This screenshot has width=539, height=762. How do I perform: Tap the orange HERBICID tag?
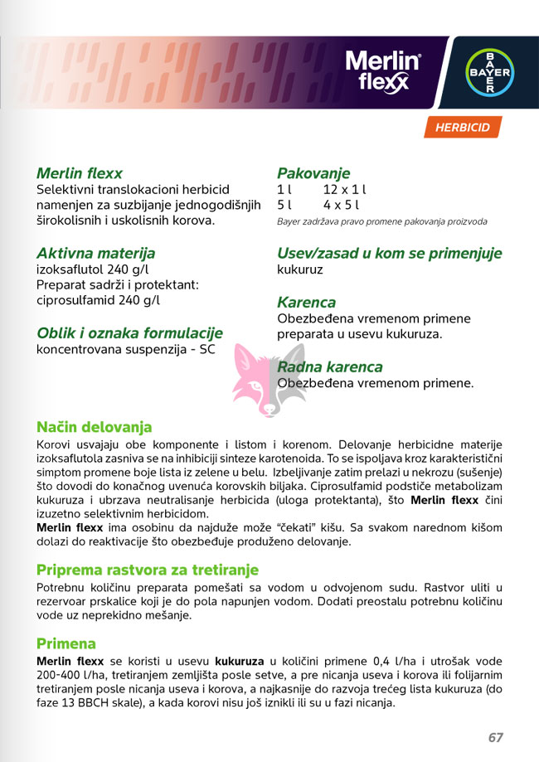pyautogui.click(x=464, y=128)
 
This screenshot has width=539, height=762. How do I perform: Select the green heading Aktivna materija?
pyautogui.click(x=95, y=253)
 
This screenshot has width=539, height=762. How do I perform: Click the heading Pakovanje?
pyautogui.click(x=313, y=173)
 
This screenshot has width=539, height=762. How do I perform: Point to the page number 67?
pyautogui.click(x=496, y=737)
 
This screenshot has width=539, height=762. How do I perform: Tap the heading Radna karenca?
pyautogui.click(x=329, y=366)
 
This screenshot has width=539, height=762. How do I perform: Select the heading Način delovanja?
pyautogui.click(x=94, y=428)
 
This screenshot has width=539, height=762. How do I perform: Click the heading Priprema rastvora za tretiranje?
pyautogui.click(x=148, y=570)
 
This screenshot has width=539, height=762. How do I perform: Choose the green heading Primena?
pyautogui.click(x=66, y=643)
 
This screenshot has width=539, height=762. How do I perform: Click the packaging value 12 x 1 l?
pyautogui.click(x=345, y=190)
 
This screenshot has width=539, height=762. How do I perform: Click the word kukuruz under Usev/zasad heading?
pyautogui.click(x=300, y=270)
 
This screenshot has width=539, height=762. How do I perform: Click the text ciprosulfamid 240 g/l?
pyautogui.click(x=98, y=300)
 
